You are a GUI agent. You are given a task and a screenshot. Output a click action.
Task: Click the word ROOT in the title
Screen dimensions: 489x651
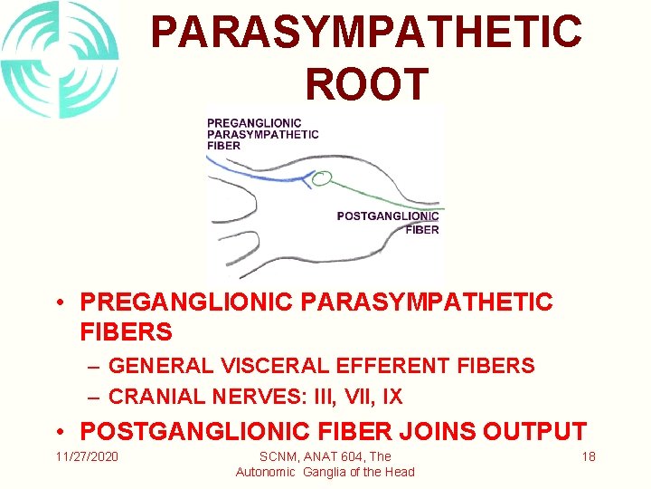[x=366, y=83]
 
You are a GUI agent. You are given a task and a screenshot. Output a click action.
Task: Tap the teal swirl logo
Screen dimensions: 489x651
[x=59, y=59]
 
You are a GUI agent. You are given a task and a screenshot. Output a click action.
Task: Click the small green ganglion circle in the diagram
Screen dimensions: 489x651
[x=320, y=179]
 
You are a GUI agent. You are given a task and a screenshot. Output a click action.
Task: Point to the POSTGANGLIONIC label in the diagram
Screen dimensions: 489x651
[x=387, y=216]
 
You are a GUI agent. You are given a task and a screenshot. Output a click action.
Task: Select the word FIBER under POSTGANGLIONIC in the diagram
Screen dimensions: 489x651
[x=422, y=230]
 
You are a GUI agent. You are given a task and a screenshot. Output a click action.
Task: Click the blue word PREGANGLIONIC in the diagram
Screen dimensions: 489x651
[x=254, y=124]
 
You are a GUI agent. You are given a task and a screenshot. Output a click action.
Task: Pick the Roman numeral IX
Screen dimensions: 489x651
[x=392, y=397]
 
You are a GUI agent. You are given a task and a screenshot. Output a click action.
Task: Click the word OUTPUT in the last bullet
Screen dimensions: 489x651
[x=541, y=432]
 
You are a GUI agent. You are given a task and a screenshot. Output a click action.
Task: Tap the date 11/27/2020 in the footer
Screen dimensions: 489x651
[x=87, y=456]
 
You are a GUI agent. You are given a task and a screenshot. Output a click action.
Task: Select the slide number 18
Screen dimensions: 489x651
[x=588, y=456]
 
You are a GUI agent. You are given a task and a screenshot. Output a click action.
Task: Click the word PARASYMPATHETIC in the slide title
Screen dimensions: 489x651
[x=366, y=31]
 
